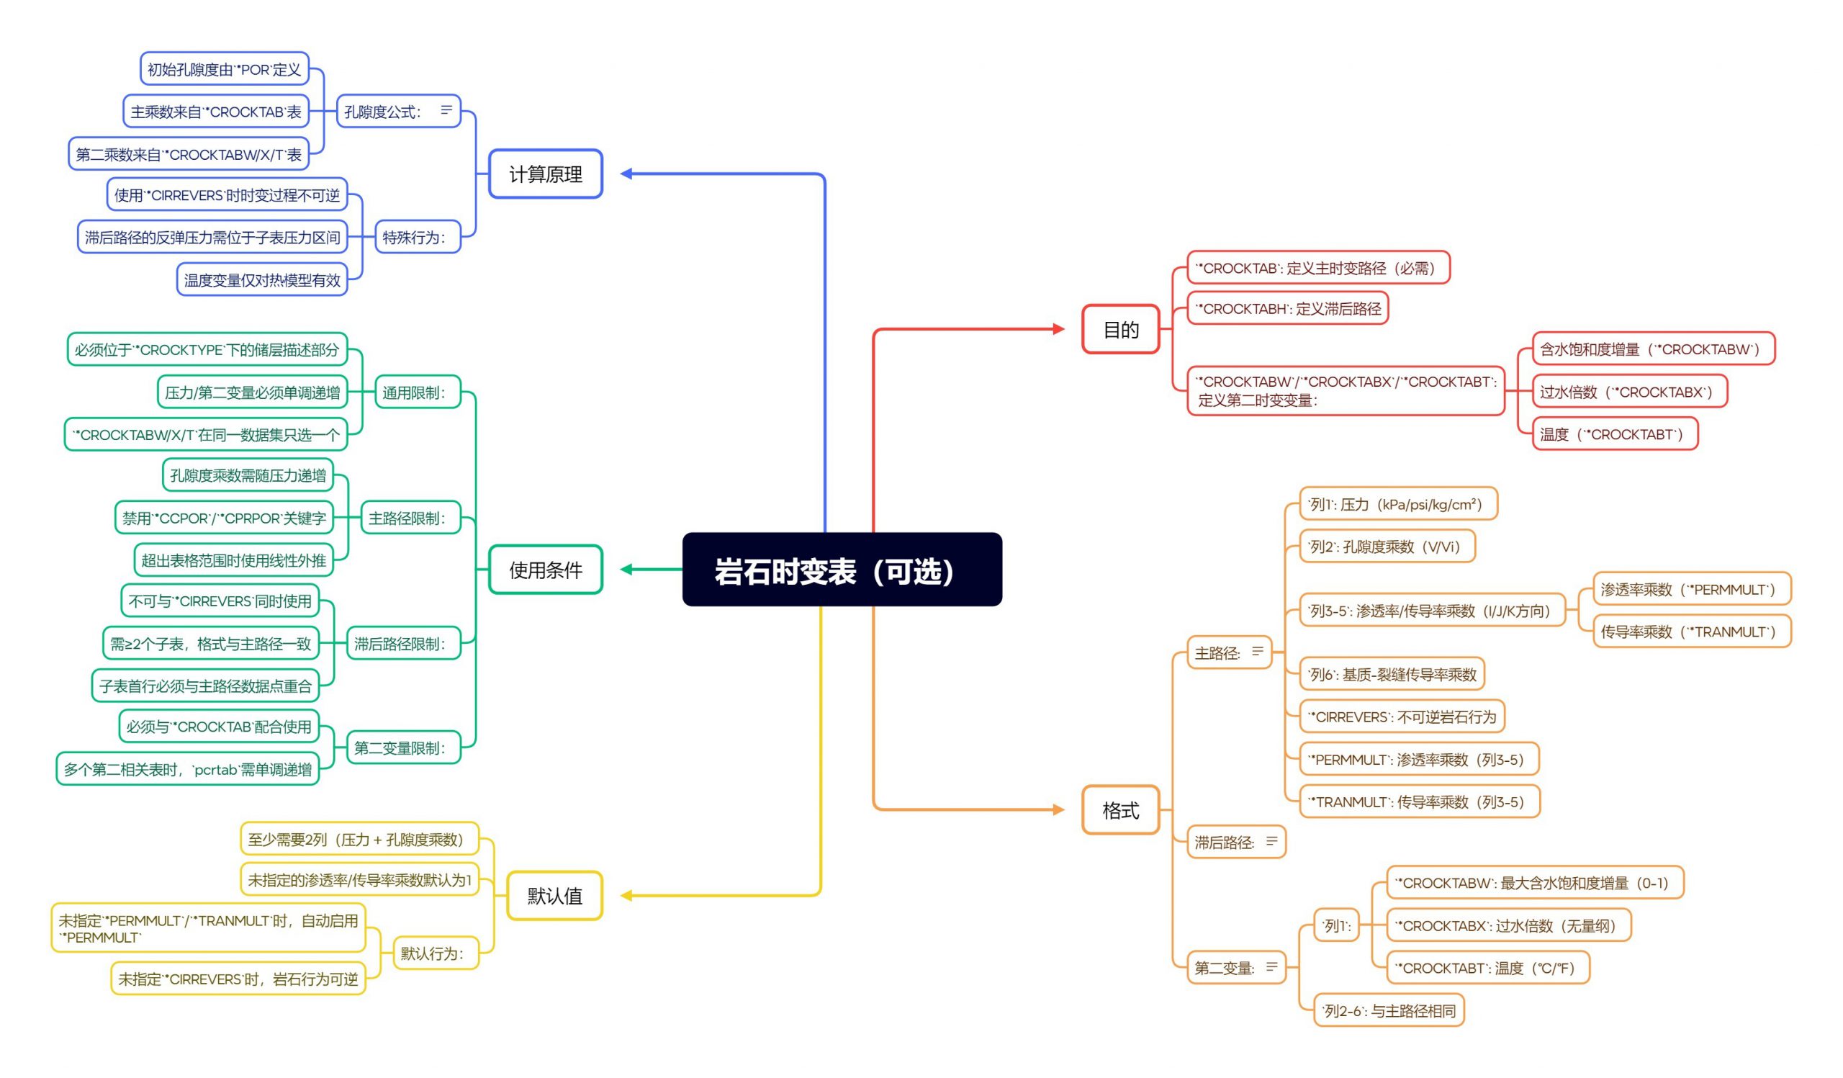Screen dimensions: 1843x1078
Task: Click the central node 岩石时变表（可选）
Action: pos(842,569)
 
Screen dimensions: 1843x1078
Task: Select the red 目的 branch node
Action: pos(1120,329)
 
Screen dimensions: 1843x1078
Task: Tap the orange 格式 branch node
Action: pos(1120,809)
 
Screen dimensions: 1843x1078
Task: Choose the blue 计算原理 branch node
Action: pos(546,174)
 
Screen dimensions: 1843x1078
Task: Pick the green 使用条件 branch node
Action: pos(546,569)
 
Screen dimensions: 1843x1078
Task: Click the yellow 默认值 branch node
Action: pos(554,895)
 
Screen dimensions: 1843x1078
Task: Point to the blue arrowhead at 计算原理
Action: pos(626,174)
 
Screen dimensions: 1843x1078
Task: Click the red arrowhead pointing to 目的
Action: pos(1058,329)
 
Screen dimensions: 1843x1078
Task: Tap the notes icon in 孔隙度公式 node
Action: pos(446,109)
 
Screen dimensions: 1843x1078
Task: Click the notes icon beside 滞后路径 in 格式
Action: pos(1272,841)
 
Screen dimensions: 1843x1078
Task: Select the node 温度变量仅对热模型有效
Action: pos(262,279)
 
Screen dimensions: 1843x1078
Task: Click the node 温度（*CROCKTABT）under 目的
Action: pos(1615,434)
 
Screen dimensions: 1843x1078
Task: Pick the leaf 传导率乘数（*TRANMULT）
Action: pos(1693,631)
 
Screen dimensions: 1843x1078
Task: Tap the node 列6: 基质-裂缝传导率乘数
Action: pos(1392,674)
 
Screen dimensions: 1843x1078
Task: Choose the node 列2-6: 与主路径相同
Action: pos(1389,1010)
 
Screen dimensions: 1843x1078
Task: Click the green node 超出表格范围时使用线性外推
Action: pos(233,560)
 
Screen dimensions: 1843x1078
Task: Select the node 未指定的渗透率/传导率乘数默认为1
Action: pos(360,880)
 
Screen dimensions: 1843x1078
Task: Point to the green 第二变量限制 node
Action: pos(404,747)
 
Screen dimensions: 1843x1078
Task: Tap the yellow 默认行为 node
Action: pos(436,953)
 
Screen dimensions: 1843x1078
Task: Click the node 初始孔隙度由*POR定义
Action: pos(225,68)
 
